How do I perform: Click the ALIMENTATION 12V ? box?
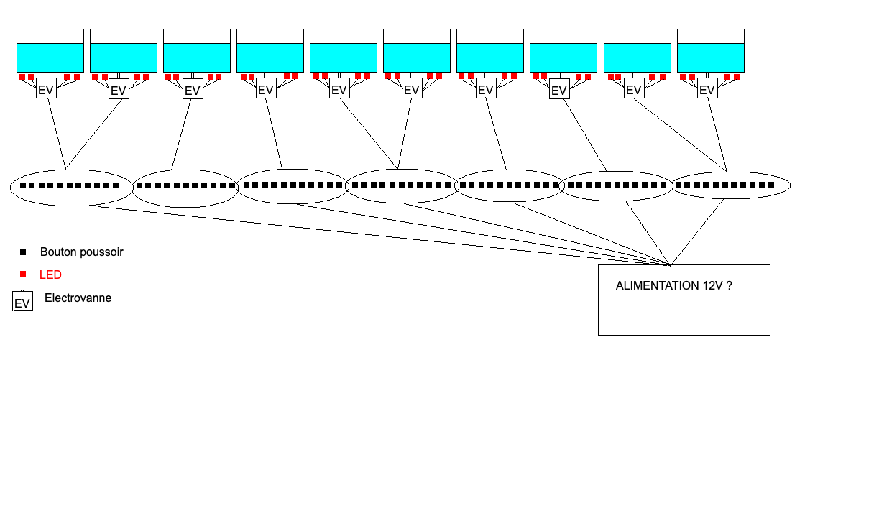coord(684,300)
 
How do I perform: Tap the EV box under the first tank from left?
coord(46,90)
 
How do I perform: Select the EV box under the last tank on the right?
coord(707,90)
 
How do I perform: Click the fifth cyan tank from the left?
coord(344,57)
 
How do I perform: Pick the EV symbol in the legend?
coord(22,302)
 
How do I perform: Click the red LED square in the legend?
coord(23,274)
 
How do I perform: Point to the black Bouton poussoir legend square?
coord(23,252)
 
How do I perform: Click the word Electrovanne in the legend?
coord(78,298)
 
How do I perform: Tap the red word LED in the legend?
coord(50,275)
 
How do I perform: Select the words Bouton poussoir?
coord(81,252)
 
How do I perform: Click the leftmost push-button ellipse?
coord(71,188)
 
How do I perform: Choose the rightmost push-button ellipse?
coord(730,185)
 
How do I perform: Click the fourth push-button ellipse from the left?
coord(402,185)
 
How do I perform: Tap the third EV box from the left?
coord(193,90)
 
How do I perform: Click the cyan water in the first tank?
coord(50,57)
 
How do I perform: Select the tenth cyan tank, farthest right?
coord(710,57)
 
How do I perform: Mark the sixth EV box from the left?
coord(412,90)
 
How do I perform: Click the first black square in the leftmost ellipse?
coord(23,185)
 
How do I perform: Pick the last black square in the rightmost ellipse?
coord(771,185)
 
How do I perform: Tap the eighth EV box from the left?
coord(559,90)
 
